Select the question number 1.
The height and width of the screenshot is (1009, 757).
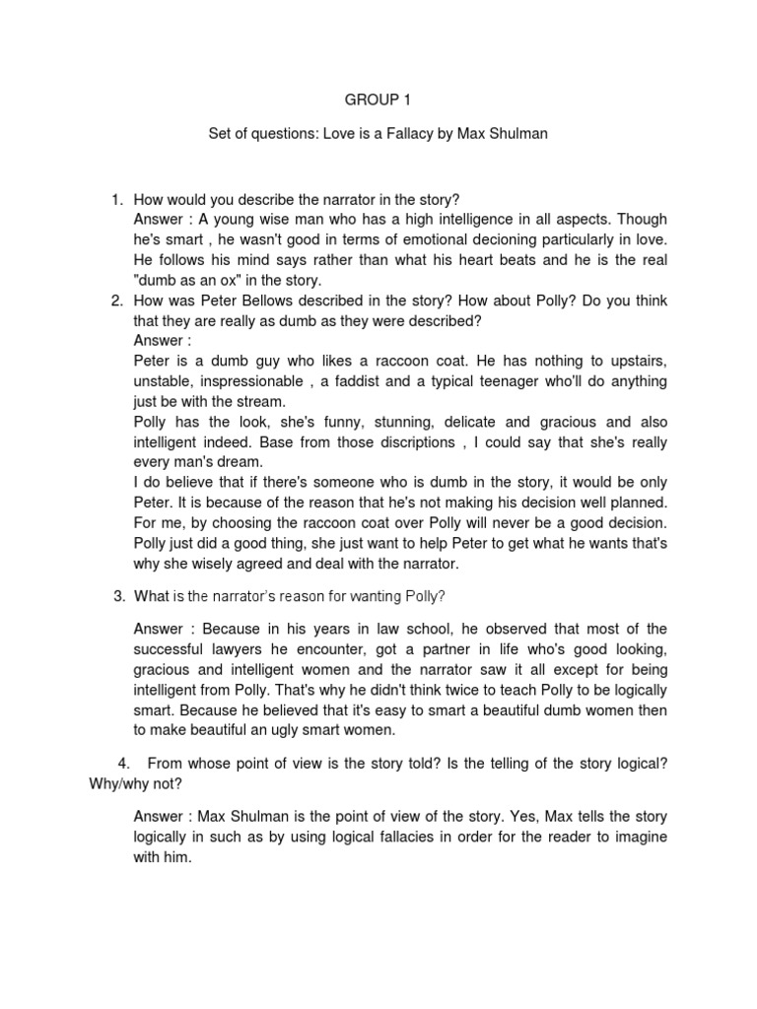(116, 199)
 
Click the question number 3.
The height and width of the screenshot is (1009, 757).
(119, 596)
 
